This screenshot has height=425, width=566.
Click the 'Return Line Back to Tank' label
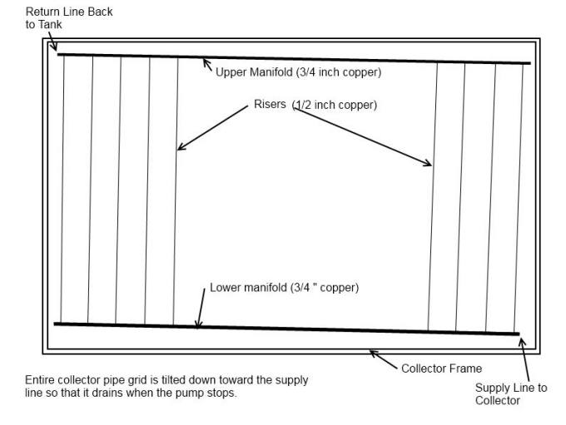69,18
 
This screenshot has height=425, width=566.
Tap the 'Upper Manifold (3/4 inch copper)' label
298,72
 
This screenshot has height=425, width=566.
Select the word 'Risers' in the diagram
270,104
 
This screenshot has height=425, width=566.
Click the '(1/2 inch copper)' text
335,105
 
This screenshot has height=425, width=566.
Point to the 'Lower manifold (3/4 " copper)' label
284,288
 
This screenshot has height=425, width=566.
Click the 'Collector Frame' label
441,368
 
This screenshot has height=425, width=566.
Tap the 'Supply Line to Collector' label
511,394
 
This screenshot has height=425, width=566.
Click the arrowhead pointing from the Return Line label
54,47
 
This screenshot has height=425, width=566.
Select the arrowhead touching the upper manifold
206,62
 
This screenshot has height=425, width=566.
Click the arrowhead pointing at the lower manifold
198,324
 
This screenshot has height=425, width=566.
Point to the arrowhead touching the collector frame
373,353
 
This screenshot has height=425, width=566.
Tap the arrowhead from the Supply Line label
522,342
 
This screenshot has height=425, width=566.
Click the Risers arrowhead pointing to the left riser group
181,147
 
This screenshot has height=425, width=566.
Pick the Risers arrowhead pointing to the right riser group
428,163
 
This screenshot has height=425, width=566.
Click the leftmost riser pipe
62,189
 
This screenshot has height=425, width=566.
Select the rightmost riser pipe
519,199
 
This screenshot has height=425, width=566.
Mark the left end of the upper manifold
57,55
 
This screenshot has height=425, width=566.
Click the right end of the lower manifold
519,334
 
